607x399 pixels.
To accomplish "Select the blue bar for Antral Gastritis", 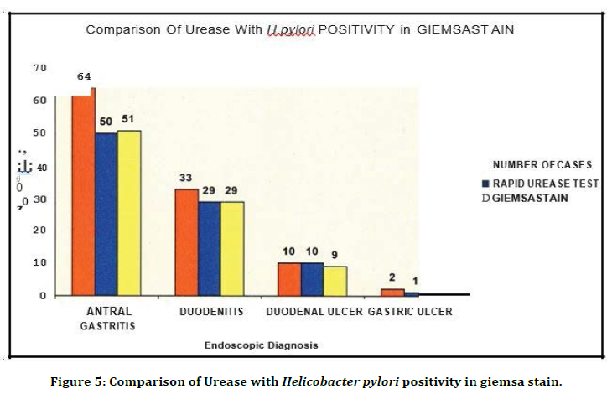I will (x=106, y=214).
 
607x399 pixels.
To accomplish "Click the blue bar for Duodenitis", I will (x=209, y=248).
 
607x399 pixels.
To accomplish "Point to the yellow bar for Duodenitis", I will (x=232, y=248).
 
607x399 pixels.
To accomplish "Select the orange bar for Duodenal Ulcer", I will (x=289, y=279).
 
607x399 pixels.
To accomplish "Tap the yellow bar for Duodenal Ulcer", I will (x=335, y=281).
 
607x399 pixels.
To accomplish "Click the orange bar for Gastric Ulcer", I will (x=392, y=292).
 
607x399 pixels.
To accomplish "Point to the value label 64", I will (x=84, y=76).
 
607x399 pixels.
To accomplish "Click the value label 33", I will (x=186, y=178).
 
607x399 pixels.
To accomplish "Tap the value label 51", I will (x=127, y=120).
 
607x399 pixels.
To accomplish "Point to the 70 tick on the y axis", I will (x=40, y=67).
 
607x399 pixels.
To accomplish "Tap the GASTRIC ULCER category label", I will (x=410, y=311).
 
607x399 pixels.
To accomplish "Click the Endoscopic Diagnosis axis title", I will (x=262, y=345).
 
